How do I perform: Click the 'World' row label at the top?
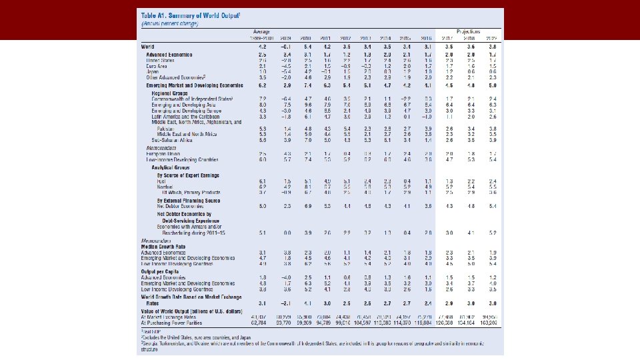click(x=147, y=47)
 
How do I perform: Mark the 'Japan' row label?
click(x=154, y=71)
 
